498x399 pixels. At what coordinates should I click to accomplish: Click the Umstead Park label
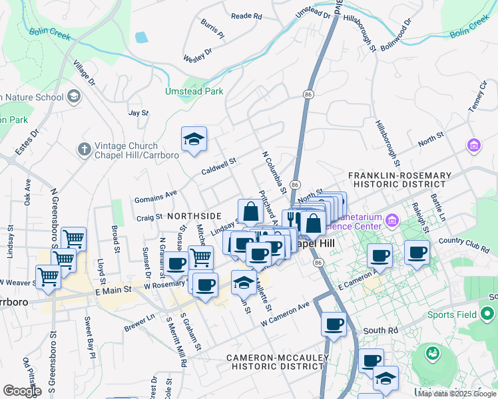pos(194,91)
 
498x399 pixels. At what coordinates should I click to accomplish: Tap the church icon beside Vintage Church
pos(84,149)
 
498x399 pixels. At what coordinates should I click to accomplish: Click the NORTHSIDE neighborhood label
pos(194,216)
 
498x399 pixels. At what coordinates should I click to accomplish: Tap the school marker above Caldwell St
pos(194,139)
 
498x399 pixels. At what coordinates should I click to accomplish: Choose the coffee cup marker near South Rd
pos(334,325)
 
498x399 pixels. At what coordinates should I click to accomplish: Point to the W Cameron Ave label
pos(286,313)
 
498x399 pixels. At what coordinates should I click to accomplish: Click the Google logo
pos(22,390)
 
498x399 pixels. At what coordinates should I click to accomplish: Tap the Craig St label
pos(149,217)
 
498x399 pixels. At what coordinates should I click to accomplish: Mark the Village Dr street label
pos(85,74)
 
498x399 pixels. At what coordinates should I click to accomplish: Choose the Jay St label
pos(138,114)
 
